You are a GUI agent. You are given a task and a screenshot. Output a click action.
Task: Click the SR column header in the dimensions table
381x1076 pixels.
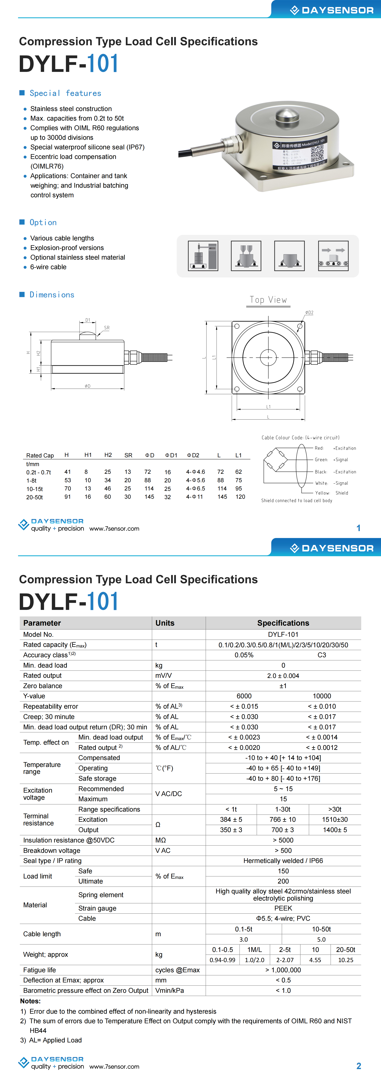(x=128, y=455)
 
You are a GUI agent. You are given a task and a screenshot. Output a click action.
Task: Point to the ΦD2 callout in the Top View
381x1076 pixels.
(x=309, y=313)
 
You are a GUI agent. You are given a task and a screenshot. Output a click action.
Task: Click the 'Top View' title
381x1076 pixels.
(x=268, y=300)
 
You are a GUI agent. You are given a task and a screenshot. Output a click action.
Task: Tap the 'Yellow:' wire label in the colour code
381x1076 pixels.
(x=322, y=493)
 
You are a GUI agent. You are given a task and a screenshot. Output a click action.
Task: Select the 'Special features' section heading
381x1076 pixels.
(x=65, y=93)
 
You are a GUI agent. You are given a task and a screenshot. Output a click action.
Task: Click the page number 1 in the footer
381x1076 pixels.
(x=358, y=528)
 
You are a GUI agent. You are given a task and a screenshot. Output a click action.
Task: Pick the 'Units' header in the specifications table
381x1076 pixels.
(x=165, y=623)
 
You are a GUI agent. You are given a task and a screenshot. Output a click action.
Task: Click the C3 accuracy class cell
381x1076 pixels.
(x=322, y=655)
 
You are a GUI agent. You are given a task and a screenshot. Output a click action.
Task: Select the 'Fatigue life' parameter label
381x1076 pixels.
(x=40, y=970)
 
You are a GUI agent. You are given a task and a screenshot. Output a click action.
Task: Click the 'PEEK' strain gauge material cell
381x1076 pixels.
(x=283, y=908)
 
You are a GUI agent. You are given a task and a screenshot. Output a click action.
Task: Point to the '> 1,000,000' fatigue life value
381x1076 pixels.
(x=283, y=970)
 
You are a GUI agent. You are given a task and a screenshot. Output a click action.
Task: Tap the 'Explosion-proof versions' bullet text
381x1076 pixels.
(x=67, y=248)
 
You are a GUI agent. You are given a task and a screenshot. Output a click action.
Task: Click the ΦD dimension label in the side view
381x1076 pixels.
(x=87, y=386)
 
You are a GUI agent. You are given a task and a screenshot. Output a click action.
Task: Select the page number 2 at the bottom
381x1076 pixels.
(x=358, y=1066)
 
